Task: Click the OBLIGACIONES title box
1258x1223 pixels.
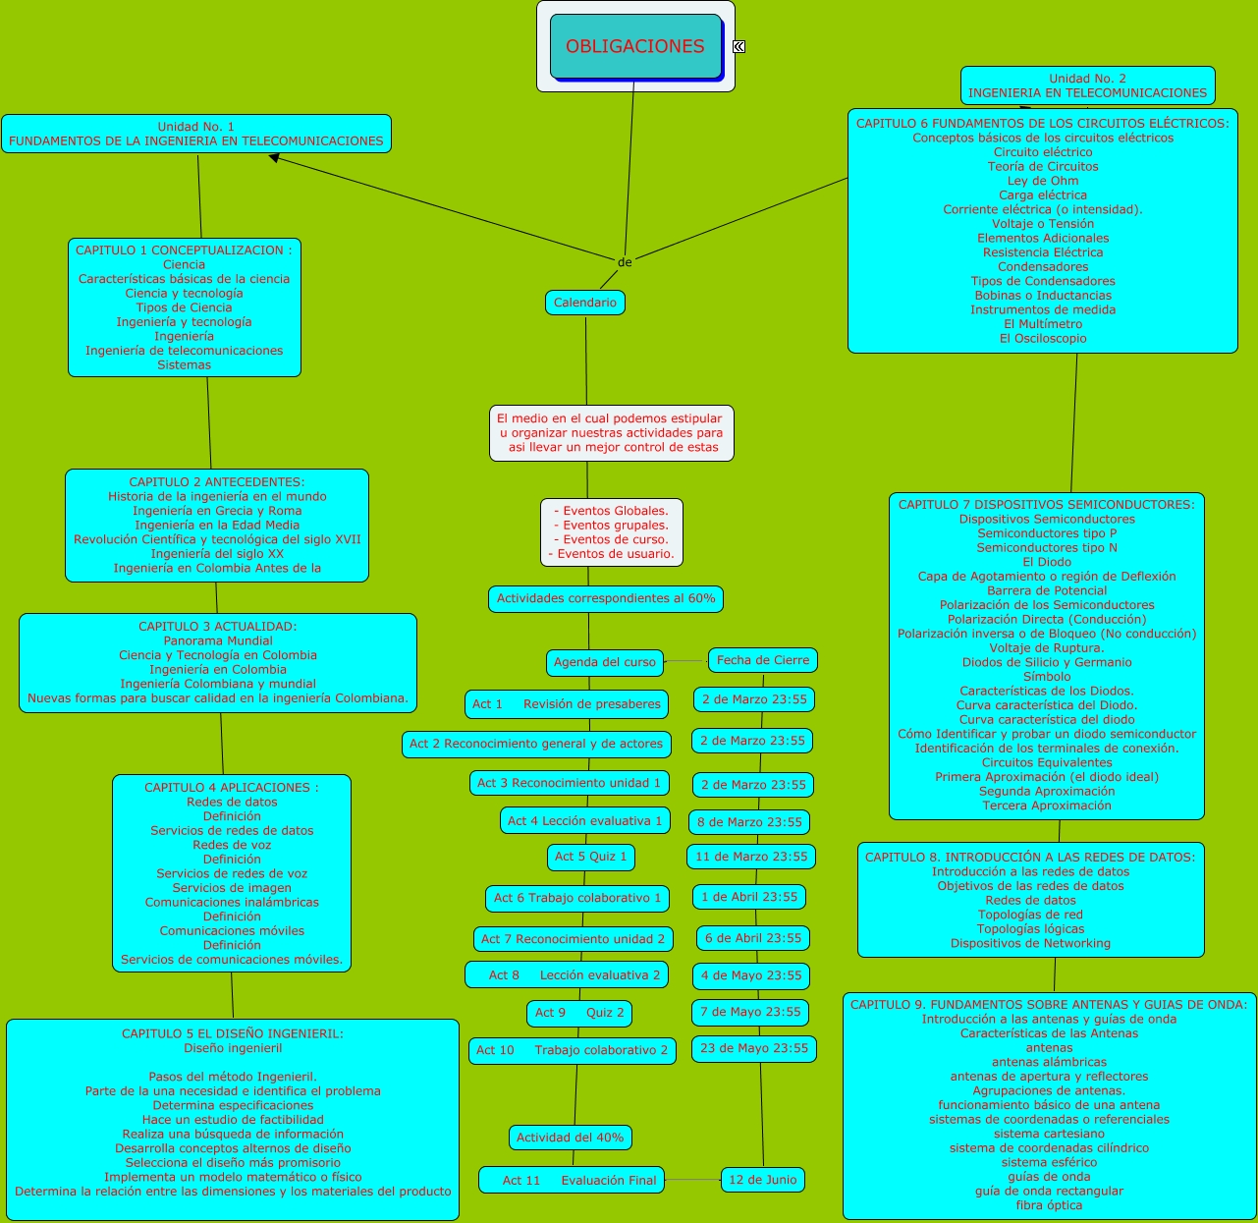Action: tap(635, 46)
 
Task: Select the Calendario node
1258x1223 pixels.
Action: tap(585, 303)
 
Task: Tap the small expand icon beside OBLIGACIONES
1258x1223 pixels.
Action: tap(738, 46)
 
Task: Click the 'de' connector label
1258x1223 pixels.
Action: tap(625, 262)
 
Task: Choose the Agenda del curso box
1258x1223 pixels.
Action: tap(604, 662)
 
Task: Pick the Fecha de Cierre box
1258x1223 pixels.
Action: tap(763, 660)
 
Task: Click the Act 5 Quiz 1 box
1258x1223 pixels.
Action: tap(590, 857)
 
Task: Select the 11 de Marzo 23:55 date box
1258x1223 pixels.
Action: tap(751, 857)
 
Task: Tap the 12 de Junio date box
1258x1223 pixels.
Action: tap(763, 1180)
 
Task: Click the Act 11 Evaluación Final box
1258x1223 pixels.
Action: tap(572, 1180)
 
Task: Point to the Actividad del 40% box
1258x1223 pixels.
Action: tap(570, 1138)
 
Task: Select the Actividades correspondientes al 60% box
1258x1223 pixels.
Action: tap(606, 598)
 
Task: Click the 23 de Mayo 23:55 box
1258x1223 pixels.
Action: tap(754, 1048)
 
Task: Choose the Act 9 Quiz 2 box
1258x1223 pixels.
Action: tap(579, 1012)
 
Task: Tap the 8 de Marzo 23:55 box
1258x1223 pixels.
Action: tap(749, 822)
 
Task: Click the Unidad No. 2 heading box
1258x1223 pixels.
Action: tap(1087, 85)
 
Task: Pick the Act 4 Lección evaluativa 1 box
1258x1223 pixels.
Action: tap(585, 820)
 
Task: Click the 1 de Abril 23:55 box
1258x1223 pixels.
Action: tap(749, 896)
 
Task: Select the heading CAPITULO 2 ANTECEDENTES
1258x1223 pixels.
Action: tap(217, 482)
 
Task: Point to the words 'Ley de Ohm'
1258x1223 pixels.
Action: tap(1043, 181)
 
